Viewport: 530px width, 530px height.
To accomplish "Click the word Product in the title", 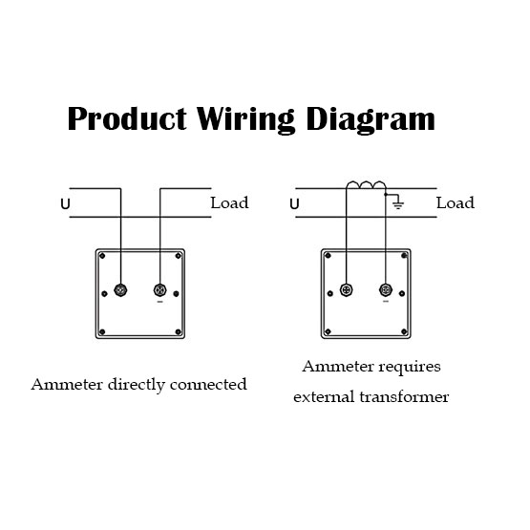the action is click(127, 118).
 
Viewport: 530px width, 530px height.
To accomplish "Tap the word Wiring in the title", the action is click(245, 120).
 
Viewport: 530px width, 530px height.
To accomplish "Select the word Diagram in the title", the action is click(371, 120).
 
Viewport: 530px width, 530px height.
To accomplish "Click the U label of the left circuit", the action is click(65, 204).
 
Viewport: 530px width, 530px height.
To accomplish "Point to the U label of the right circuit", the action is click(294, 204).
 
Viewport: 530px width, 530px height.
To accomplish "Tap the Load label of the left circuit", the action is click(229, 202).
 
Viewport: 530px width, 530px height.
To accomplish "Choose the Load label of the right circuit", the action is click(456, 202).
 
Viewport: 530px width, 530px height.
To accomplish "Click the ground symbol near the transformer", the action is click(398, 203).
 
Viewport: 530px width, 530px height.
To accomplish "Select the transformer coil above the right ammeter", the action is click(366, 185).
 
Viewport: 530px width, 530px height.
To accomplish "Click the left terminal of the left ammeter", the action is click(120, 290).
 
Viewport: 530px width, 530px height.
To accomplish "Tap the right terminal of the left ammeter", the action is click(159, 290).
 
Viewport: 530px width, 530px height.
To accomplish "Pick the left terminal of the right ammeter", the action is click(346, 290).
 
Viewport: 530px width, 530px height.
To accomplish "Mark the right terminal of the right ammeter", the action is click(386, 290).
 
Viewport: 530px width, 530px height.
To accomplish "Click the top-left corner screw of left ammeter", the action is click(102, 256).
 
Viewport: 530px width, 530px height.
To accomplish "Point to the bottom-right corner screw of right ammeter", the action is click(404, 331).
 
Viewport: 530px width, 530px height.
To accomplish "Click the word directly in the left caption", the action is click(137, 385).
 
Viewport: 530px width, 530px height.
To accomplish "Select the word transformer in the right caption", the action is click(404, 397).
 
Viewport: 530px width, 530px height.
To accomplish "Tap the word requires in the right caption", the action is click(410, 368).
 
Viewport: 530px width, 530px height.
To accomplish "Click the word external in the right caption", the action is click(324, 397).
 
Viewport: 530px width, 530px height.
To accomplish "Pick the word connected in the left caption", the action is click(208, 385).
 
